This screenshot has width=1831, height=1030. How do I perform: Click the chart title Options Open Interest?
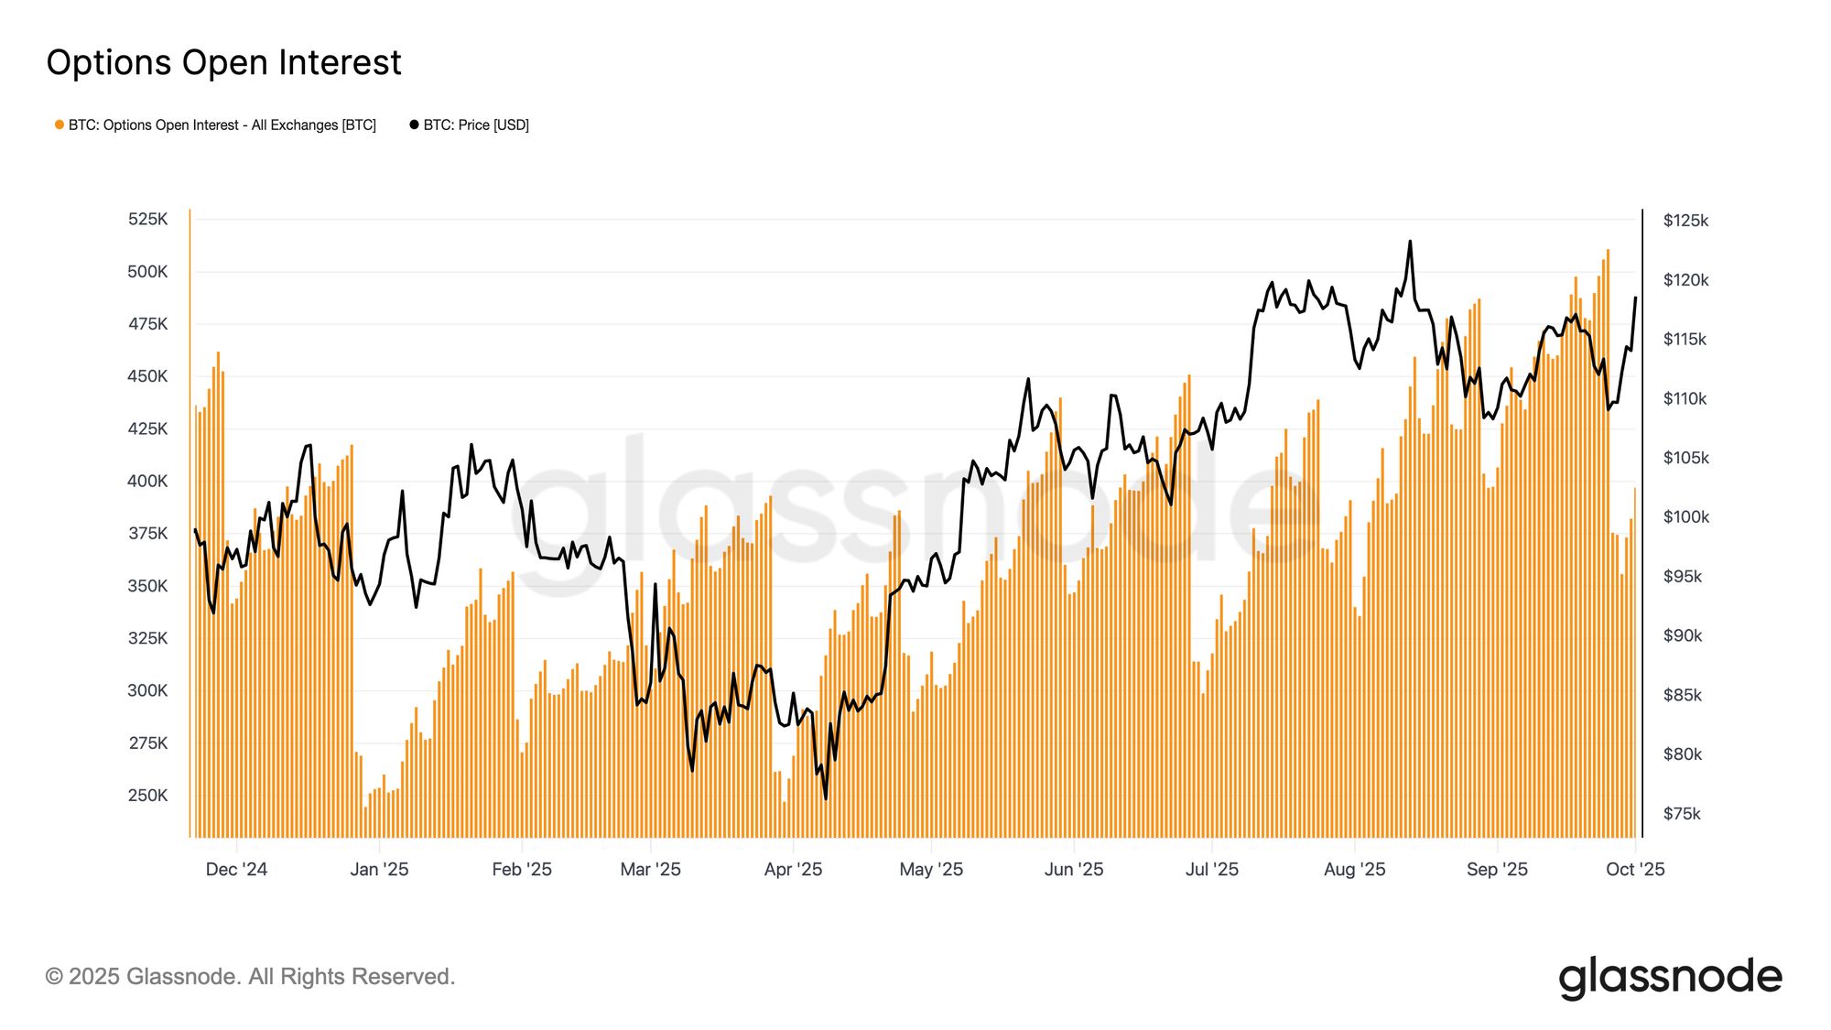coord(223,62)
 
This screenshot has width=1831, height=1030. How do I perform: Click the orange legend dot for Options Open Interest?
coord(60,125)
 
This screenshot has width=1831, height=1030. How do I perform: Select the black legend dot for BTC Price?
coord(414,125)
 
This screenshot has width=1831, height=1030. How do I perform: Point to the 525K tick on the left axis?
coord(147,219)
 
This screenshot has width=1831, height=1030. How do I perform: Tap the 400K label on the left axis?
coord(147,481)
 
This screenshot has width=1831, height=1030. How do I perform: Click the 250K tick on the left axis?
coord(147,795)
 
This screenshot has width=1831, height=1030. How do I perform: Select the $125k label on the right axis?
coord(1685,221)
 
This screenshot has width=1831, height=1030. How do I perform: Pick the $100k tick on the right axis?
coord(1685,517)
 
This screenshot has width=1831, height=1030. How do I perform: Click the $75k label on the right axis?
coord(1682,814)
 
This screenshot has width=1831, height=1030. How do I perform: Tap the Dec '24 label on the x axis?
coord(236,869)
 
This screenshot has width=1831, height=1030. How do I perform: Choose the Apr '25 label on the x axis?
coord(793,869)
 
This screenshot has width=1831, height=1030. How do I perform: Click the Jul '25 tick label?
coord(1211,869)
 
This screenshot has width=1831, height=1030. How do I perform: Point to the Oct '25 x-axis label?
coord(1635,869)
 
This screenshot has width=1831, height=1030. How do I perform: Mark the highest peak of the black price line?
coord(1410,242)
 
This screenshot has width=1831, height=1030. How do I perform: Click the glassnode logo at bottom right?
coord(1670,977)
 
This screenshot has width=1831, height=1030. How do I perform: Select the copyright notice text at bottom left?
coord(250,977)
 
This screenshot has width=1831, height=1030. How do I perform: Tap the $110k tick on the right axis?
coord(1685,399)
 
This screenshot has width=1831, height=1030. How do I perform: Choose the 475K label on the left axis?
coord(147,324)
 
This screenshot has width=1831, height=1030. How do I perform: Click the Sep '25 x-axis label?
coord(1497,869)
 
